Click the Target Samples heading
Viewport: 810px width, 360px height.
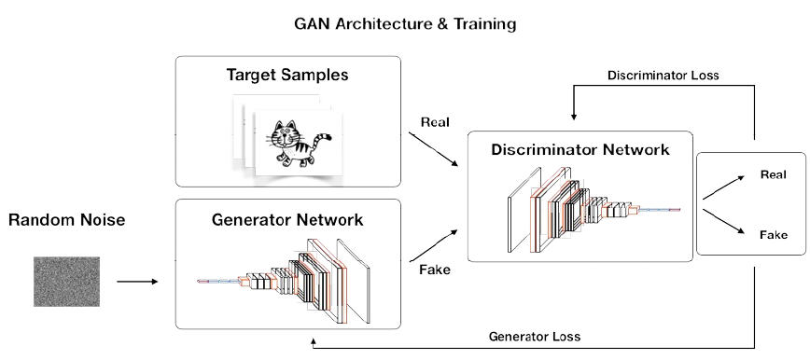point(286,75)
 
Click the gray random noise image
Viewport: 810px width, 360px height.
point(65,279)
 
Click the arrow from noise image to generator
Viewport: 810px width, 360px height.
point(136,279)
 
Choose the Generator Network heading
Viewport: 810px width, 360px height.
point(286,221)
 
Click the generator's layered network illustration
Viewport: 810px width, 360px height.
point(289,275)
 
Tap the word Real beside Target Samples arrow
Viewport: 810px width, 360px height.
point(437,121)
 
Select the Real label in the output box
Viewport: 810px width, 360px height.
point(773,174)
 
